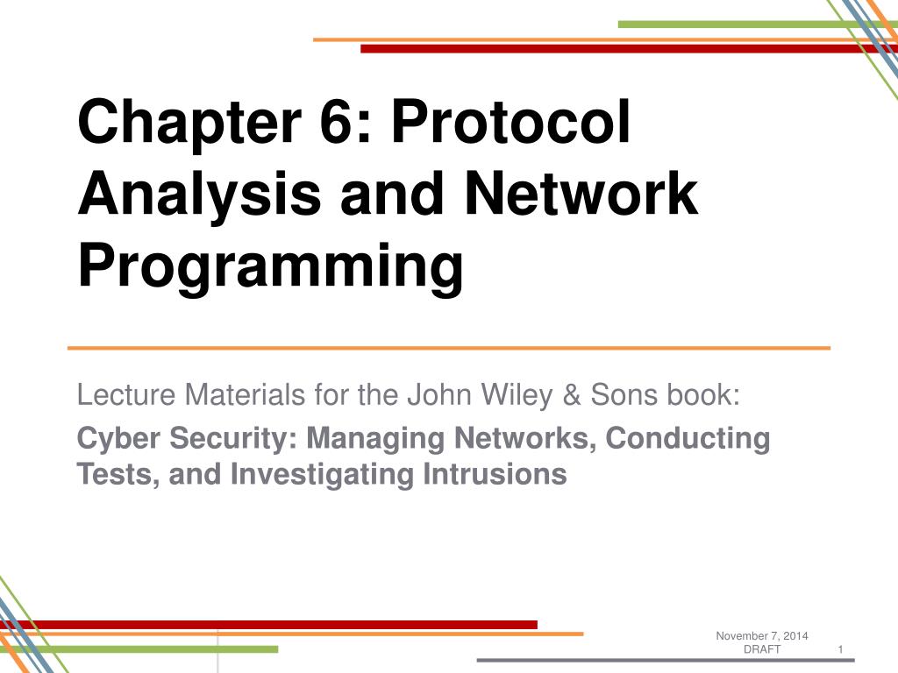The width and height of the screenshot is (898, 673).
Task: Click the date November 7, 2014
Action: point(762,635)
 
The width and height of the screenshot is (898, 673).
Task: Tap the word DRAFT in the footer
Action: point(762,649)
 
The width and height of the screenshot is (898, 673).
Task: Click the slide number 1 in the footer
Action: point(840,649)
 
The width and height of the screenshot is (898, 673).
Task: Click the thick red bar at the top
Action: point(614,49)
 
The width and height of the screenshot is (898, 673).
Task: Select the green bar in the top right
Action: point(737,25)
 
